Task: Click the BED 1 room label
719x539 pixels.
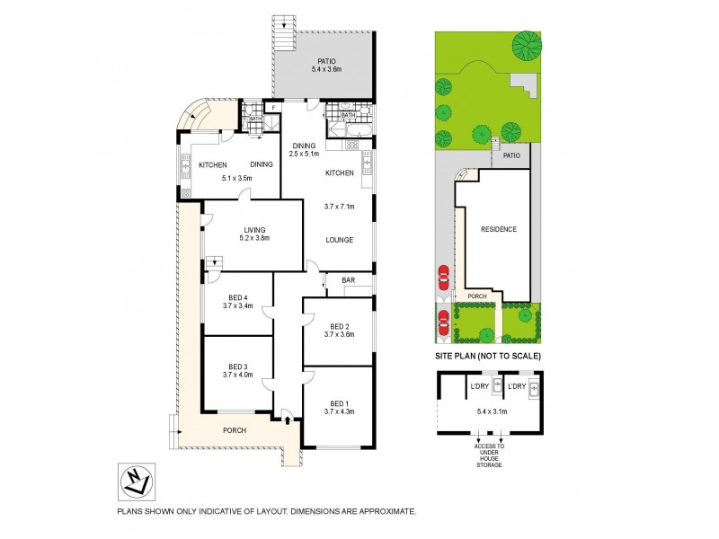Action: coord(338,402)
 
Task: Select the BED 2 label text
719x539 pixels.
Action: coord(338,325)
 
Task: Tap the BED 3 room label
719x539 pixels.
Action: coord(237,367)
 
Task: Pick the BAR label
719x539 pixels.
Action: coord(347,280)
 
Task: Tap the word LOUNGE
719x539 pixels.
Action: coord(338,240)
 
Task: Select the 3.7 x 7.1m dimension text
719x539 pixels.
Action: coord(338,207)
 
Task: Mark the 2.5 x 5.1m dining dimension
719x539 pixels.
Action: coord(303,154)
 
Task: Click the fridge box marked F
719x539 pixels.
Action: coord(272,109)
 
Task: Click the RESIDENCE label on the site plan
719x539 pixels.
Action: coord(498,229)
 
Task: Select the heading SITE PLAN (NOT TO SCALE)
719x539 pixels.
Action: coord(488,357)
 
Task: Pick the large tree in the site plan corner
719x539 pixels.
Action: coord(527,42)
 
